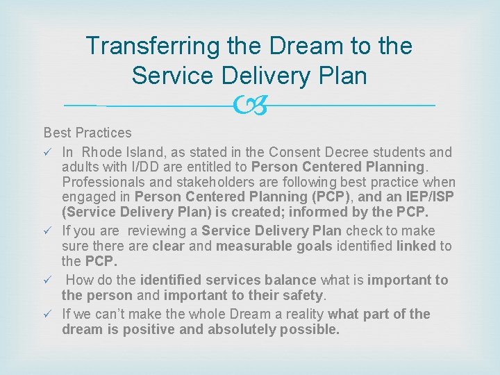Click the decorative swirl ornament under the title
(x=249, y=106)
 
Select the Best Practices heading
(x=87, y=133)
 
